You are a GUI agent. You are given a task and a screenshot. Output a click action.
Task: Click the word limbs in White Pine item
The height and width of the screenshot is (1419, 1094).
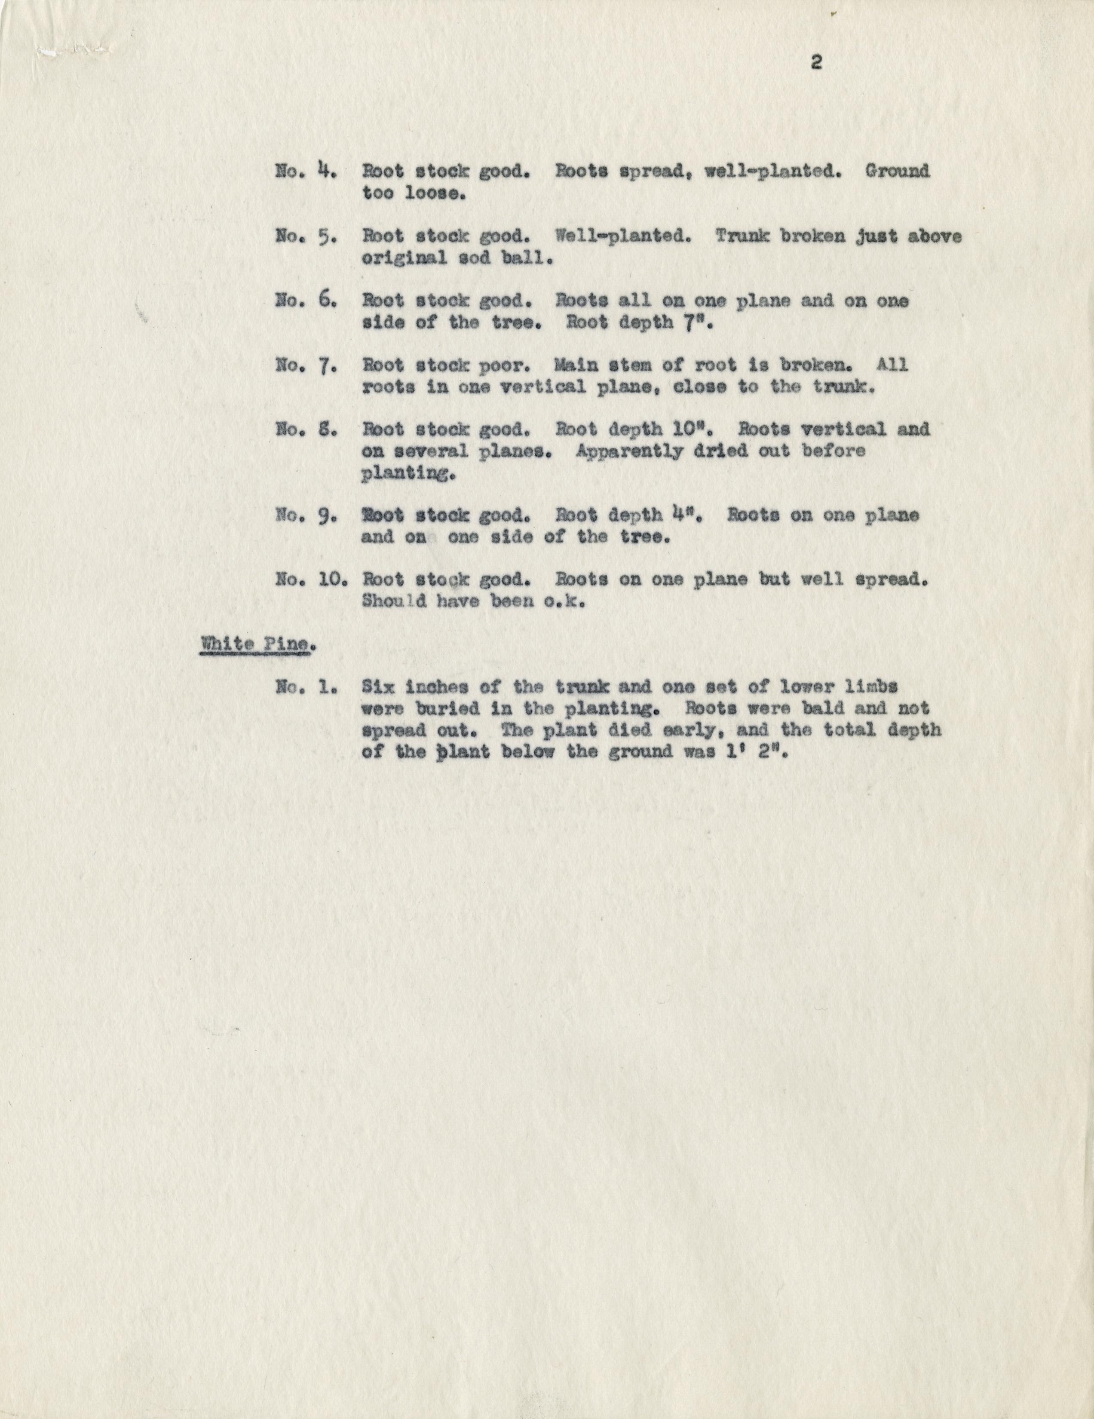coord(869,687)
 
